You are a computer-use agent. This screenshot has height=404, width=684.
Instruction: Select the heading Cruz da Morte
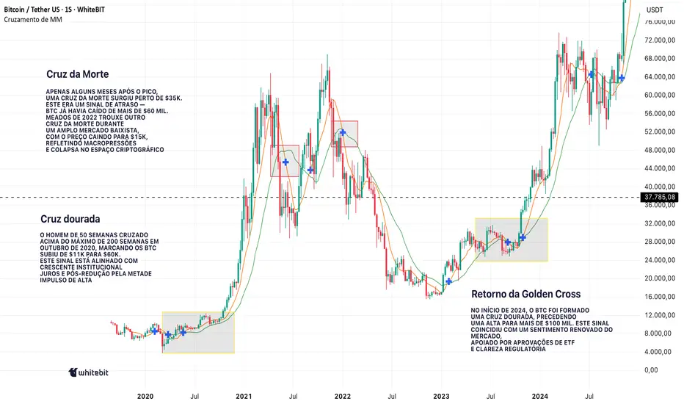click(x=76, y=75)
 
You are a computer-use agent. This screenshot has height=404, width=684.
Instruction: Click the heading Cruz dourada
click(x=70, y=219)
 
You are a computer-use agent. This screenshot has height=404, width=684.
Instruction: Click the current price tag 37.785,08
click(x=658, y=197)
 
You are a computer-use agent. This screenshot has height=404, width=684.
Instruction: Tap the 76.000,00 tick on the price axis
click(x=659, y=22)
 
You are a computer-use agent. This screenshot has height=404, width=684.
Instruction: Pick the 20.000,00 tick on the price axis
click(x=659, y=278)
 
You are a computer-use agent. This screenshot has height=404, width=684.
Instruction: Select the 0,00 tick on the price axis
click(x=650, y=370)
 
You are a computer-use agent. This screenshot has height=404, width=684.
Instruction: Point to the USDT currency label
click(x=655, y=9)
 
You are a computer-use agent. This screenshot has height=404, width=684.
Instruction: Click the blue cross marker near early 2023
click(x=448, y=281)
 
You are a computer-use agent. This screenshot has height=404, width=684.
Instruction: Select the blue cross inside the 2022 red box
click(x=343, y=132)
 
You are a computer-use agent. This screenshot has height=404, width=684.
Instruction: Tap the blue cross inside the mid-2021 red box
click(x=285, y=162)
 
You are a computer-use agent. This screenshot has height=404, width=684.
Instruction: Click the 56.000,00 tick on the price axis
click(x=659, y=114)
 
